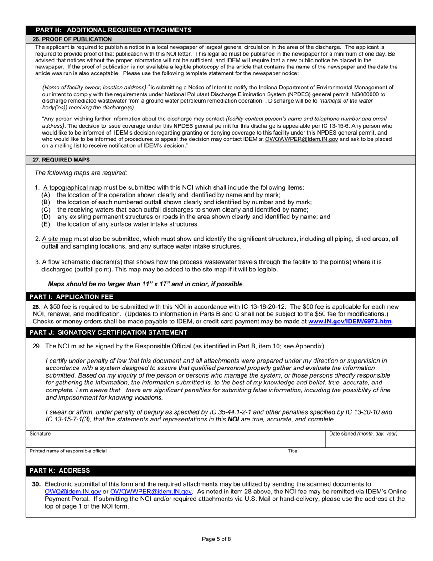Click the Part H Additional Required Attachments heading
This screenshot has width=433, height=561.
click(113, 30)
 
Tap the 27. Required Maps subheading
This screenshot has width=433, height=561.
click(61, 160)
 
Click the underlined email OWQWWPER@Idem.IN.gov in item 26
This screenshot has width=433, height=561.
click(301, 139)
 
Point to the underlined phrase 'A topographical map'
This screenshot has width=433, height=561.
click(72, 187)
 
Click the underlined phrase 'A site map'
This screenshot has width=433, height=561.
click(57, 239)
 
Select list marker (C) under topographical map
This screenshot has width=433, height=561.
click(46, 210)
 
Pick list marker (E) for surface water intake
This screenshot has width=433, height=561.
click(46, 224)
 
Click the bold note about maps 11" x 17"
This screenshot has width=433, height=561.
click(146, 284)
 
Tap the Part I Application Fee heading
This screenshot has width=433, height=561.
click(71, 296)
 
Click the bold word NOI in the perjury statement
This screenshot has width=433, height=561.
click(233, 419)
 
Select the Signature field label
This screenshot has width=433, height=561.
click(40, 434)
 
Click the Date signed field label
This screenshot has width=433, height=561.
click(363, 434)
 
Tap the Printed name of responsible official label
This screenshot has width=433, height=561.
click(68, 451)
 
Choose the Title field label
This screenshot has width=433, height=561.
click(293, 451)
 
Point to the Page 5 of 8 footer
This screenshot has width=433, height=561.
click(216, 539)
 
